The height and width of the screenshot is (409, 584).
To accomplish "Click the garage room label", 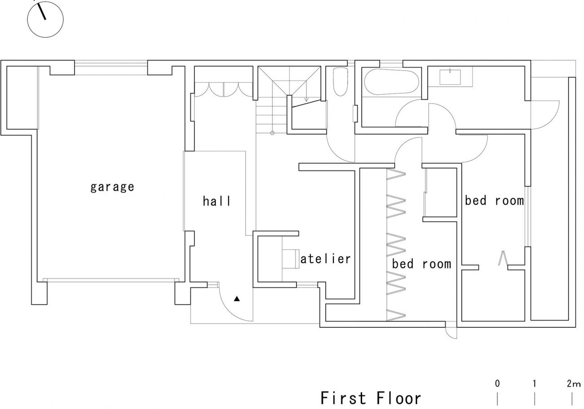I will [112, 187].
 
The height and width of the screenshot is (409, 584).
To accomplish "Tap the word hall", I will [217, 201].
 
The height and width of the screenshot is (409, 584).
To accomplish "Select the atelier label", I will [325, 259].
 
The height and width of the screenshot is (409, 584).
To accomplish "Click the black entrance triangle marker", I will [237, 299].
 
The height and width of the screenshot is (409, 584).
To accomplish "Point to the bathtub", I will [391, 82].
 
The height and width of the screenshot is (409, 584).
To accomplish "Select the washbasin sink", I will [450, 77].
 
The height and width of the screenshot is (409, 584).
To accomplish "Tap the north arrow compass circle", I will [45, 19].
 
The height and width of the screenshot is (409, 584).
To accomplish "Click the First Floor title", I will [371, 398].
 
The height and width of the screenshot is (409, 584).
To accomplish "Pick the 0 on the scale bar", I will [497, 383].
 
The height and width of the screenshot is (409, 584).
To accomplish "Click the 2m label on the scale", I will [574, 383].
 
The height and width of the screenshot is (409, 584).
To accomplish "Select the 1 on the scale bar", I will [535, 383].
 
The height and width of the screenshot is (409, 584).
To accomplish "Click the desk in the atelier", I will [291, 259].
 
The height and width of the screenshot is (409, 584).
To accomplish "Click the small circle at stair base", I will [272, 133].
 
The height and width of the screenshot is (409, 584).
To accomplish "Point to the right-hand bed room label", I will [494, 200].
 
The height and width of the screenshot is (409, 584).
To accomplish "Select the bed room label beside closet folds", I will [421, 264].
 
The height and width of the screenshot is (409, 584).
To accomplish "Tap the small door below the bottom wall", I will [451, 333].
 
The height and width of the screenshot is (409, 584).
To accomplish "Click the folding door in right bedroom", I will [503, 258].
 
